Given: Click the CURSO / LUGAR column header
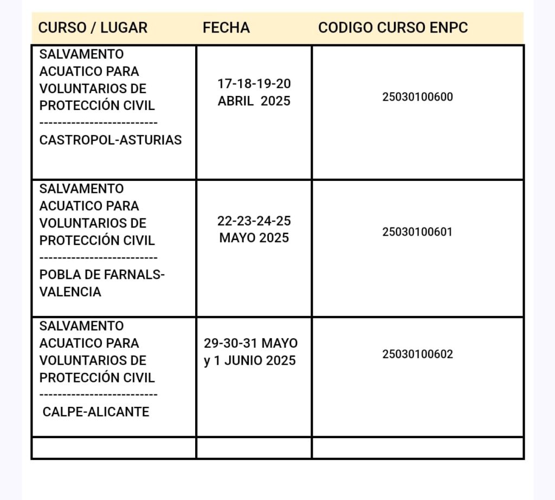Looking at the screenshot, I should pos(93,28).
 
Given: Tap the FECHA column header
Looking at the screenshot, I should pos(226,28).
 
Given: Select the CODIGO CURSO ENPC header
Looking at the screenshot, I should pos(393,28).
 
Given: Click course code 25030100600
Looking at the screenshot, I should pos(417,98).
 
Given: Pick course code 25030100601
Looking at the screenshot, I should pos(417,232).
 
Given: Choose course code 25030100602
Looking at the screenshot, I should pos(417,354).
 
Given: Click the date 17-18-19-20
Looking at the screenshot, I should pos(254,84).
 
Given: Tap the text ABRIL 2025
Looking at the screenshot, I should pos(254,101).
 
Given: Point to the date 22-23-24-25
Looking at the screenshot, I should pos(254,221).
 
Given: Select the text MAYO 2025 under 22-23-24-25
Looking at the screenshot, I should pos(254,238).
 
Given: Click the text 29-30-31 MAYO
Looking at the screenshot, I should pos(251,343).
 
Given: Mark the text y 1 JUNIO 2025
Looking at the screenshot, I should pos(250,361).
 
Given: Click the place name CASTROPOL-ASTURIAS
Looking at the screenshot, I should pos(111,140).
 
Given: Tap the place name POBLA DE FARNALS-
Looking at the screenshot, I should pos(102,275).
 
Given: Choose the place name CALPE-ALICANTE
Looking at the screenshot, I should pos(96,412).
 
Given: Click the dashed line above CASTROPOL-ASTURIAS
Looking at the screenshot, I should pos(99,123).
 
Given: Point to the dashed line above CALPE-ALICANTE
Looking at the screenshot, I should pos(99,395).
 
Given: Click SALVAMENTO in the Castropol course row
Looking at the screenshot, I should pos(81,54).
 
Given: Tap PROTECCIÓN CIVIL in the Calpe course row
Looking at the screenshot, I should pos(97,378).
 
